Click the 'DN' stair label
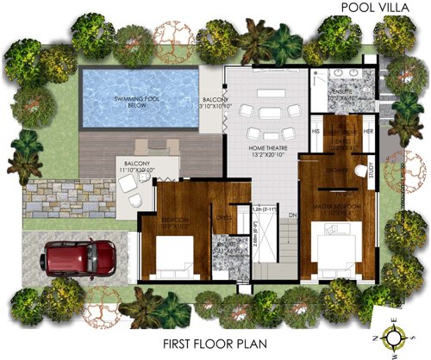click(291, 215)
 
